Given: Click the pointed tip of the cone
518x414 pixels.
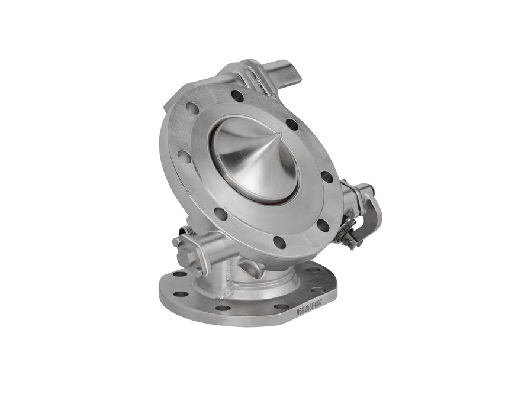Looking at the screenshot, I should pos(264,133).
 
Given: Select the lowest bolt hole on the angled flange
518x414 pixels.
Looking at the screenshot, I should pos(279,241).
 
